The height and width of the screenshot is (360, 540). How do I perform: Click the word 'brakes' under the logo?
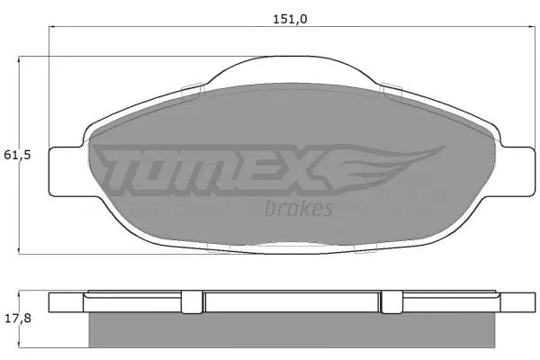[x=300, y=209]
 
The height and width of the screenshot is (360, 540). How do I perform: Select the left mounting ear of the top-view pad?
[x=67, y=169]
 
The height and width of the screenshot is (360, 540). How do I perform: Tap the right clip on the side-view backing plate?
[x=391, y=302]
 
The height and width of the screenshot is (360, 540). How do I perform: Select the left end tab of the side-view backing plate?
[x=68, y=302]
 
